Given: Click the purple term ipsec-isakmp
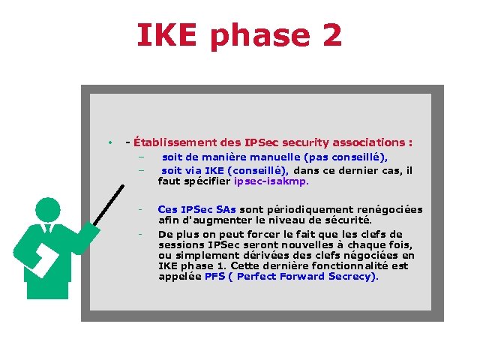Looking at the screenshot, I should [x=271, y=181].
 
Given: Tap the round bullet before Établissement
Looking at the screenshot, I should [x=109, y=142].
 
